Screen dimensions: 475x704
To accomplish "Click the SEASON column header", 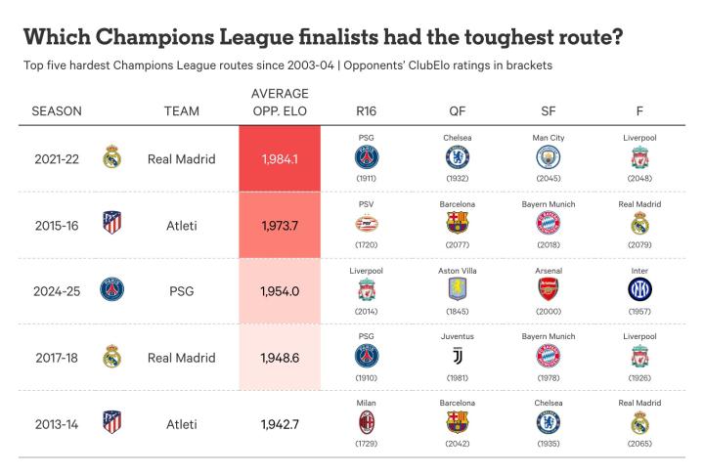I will tap(57, 111).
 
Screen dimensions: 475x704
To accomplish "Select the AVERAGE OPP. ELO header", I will tap(281, 103).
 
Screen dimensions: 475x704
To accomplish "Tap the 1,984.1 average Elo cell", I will tap(280, 158).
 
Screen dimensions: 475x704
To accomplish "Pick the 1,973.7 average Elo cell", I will tap(280, 225).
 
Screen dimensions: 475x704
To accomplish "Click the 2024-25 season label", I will tap(57, 291).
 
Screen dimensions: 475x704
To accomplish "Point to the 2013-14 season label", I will tap(57, 424).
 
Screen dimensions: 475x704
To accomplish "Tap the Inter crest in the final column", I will tap(639, 289).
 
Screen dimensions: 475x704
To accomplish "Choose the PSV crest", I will tap(367, 223).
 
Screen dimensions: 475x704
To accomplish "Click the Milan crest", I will tap(367, 422).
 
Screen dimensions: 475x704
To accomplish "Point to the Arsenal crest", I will tap(549, 289).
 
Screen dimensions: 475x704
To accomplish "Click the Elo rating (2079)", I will tap(639, 245).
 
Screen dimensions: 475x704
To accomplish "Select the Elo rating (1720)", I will tap(367, 245).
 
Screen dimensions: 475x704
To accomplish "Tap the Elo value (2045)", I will tap(549, 179).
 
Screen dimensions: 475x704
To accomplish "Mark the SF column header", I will tap(549, 111).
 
